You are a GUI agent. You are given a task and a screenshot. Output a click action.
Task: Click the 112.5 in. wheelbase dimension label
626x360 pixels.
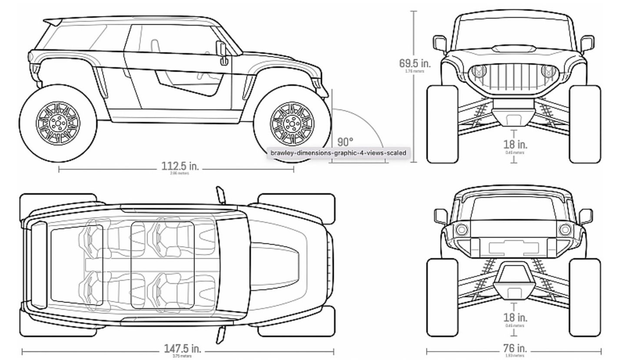coord(180,166)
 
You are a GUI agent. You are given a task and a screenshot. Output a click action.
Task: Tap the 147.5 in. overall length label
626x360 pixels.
coord(182,349)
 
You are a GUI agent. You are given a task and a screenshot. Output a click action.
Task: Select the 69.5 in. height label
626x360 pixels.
coord(415,63)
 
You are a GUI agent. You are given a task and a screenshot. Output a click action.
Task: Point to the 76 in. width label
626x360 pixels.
coord(515,348)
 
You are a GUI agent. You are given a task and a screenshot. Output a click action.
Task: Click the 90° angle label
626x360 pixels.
coord(345,142)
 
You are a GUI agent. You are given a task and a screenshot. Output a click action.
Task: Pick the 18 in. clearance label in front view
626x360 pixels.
coord(515,144)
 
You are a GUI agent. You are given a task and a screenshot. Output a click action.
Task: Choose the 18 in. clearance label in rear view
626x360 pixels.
coord(515,317)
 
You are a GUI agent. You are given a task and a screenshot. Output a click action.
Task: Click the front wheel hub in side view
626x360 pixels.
coord(292,123)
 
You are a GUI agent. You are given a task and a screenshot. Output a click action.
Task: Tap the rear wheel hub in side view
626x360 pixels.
coord(58,123)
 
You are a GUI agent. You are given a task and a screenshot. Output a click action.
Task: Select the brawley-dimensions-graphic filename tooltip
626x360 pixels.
coord(338,153)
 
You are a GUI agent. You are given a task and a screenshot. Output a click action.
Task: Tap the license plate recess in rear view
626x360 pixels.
coord(514,248)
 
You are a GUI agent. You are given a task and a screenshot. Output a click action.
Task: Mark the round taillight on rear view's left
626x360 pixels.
coord(461,229)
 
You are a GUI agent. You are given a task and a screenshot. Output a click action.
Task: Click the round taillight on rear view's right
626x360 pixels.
coord(566,229)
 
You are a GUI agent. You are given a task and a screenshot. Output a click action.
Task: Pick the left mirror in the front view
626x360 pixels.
coord(440,43)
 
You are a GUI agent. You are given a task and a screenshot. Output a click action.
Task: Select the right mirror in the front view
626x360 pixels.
coord(587,43)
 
